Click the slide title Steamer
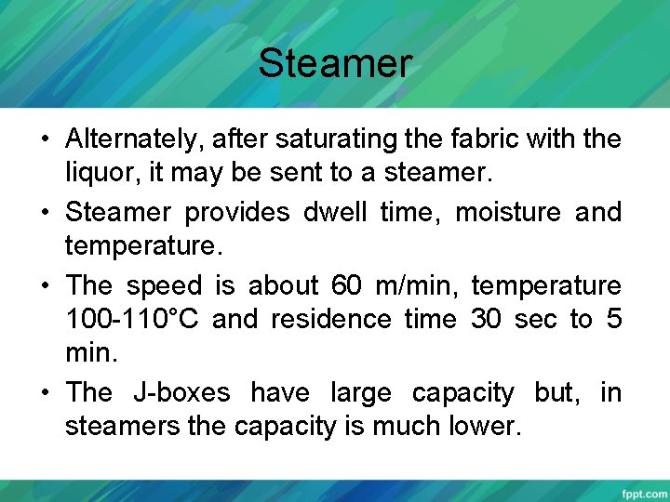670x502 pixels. click(334, 63)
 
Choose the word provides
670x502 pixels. click(237, 212)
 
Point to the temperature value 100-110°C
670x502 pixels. click(132, 320)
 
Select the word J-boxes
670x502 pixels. click(181, 392)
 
